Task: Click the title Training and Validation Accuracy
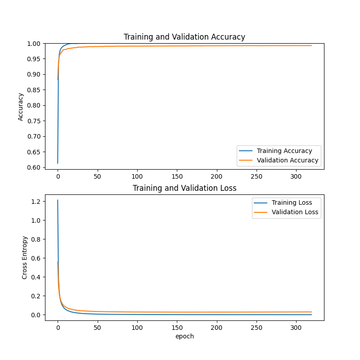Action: point(184,37)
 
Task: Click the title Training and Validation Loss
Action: point(184,188)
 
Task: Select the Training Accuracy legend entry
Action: point(284,151)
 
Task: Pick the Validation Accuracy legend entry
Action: point(287,160)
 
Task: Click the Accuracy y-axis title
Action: point(21,107)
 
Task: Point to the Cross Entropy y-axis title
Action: point(25,257)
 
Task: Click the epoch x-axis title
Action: point(184,336)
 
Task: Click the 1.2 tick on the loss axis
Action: point(36,202)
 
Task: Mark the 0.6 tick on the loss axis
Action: point(36,258)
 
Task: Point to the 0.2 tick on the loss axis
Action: point(36,296)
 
